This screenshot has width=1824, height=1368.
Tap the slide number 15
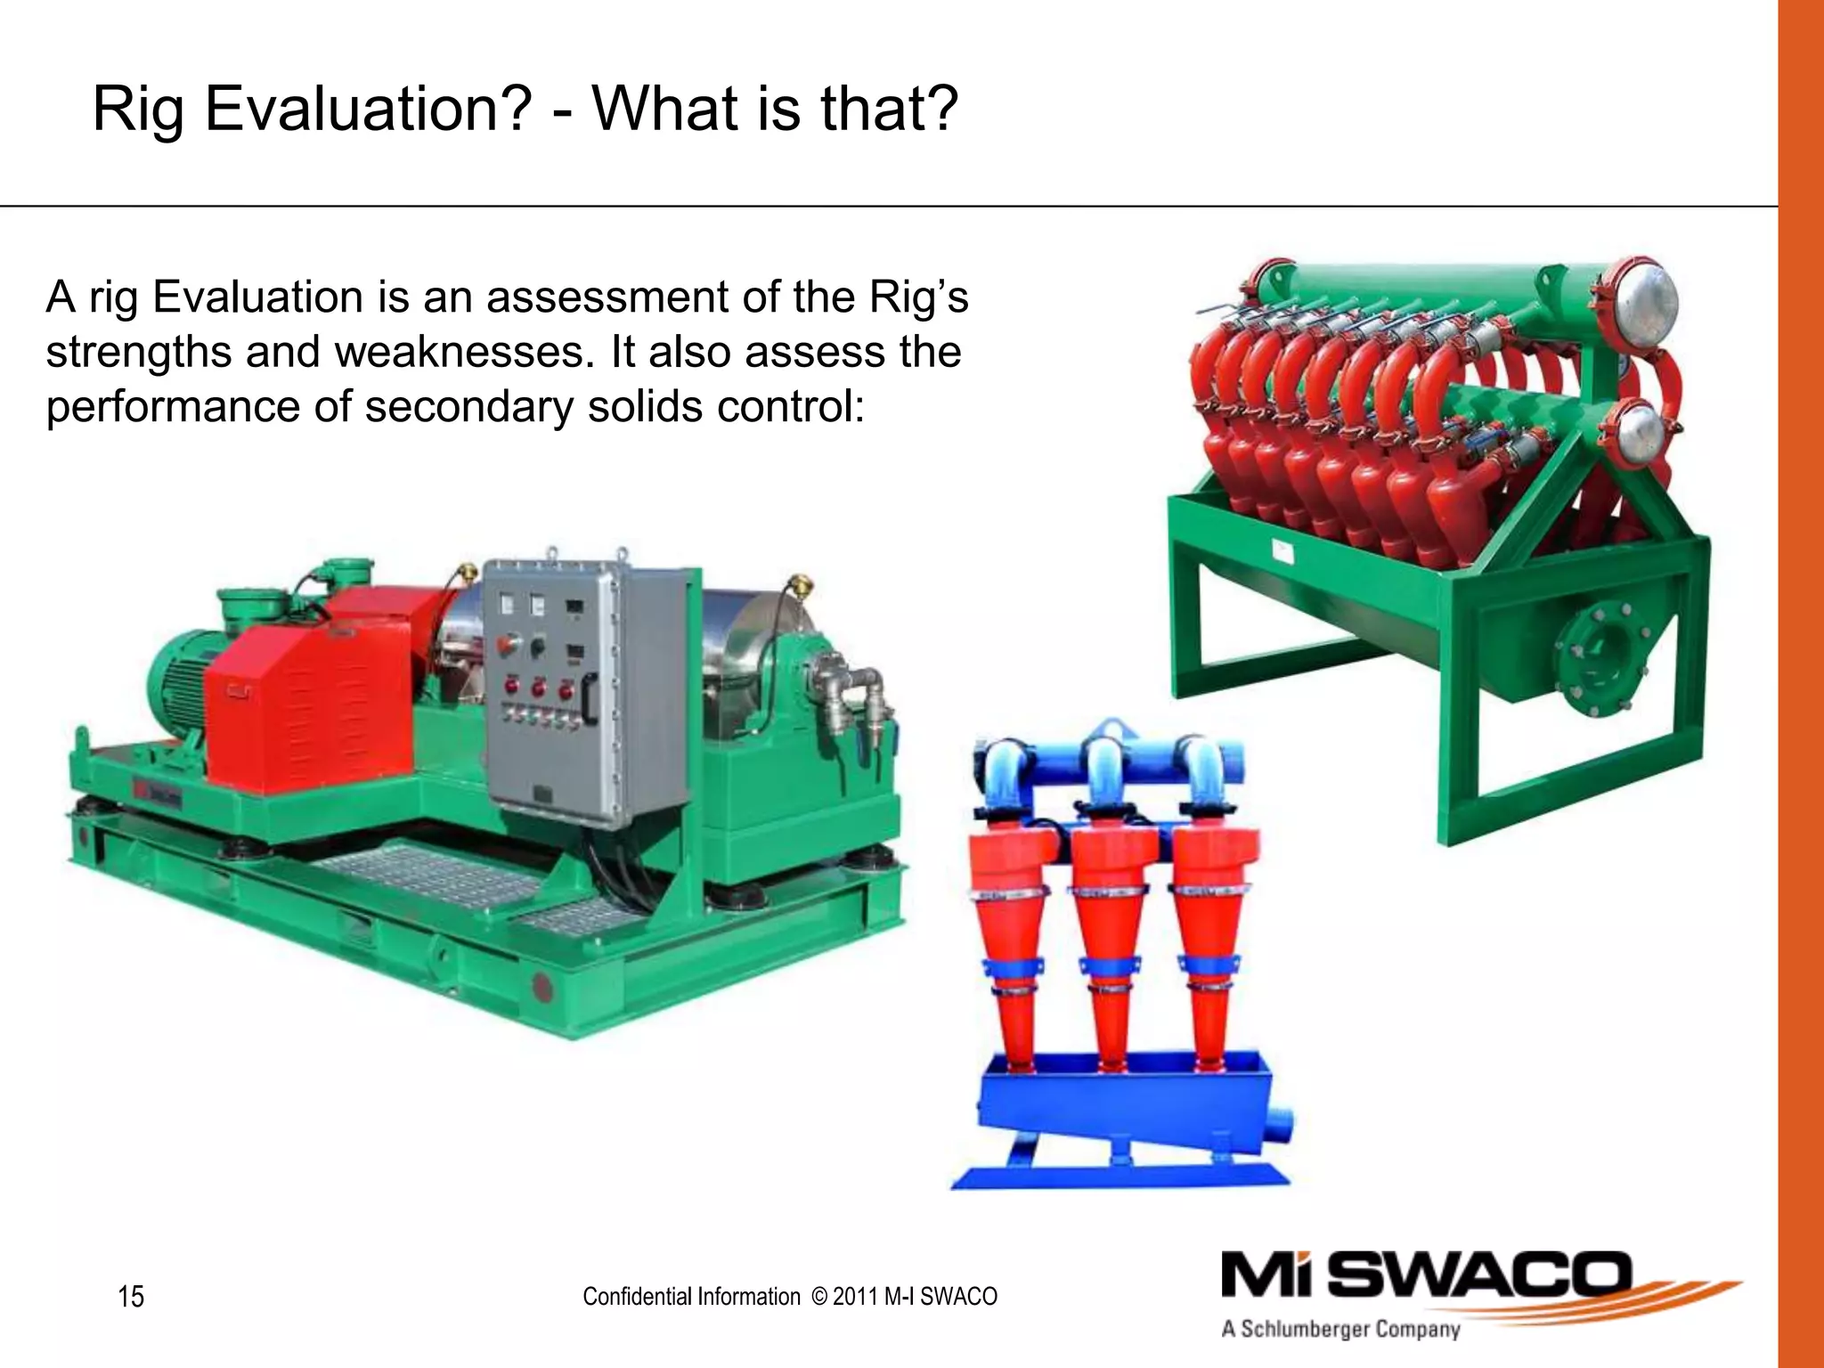pyautogui.click(x=131, y=1296)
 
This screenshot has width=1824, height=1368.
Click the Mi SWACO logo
pyautogui.click(x=1425, y=1275)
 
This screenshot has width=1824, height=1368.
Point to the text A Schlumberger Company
pyautogui.click(x=1340, y=1330)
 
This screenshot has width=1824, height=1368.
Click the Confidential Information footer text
pyautogui.click(x=691, y=1297)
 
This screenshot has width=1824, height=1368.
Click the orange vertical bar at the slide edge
pyautogui.click(x=1801, y=684)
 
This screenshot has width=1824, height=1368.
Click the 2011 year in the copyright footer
pyautogui.click(x=855, y=1297)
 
